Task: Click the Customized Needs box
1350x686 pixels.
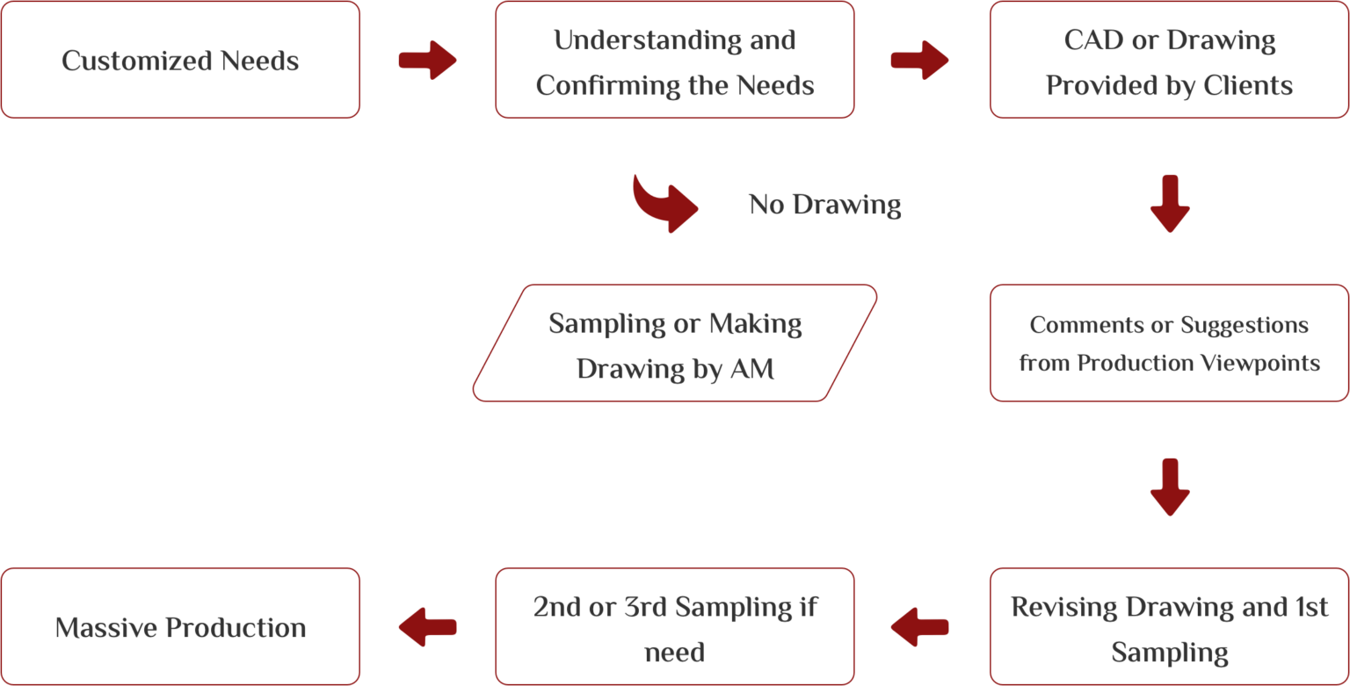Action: pyautogui.click(x=180, y=60)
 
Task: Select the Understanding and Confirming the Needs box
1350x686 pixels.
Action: pyautogui.click(x=675, y=60)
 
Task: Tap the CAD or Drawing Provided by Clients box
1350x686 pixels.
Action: pyautogui.click(x=1169, y=60)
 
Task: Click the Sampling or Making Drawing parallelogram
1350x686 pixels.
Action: pyautogui.click(x=675, y=343)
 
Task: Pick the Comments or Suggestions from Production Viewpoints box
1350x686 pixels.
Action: pyautogui.click(x=1169, y=343)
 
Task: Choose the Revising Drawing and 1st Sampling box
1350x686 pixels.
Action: pyautogui.click(x=1169, y=627)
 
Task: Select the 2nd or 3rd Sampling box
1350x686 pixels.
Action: pyautogui.click(x=675, y=627)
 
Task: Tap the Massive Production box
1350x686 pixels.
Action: pyautogui.click(x=180, y=627)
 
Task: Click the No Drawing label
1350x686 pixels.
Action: pyautogui.click(x=824, y=205)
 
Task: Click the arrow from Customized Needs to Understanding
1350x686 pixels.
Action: pyautogui.click(x=427, y=60)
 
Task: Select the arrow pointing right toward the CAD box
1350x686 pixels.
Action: pyautogui.click(x=919, y=60)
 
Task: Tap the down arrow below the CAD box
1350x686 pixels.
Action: pyautogui.click(x=1169, y=203)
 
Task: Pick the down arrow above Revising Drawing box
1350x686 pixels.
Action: pyautogui.click(x=1169, y=487)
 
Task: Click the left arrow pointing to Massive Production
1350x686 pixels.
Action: pyautogui.click(x=427, y=627)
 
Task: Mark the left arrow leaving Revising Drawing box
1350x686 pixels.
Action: pyautogui.click(x=919, y=627)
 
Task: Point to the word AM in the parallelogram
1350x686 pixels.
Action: pyautogui.click(x=752, y=369)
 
